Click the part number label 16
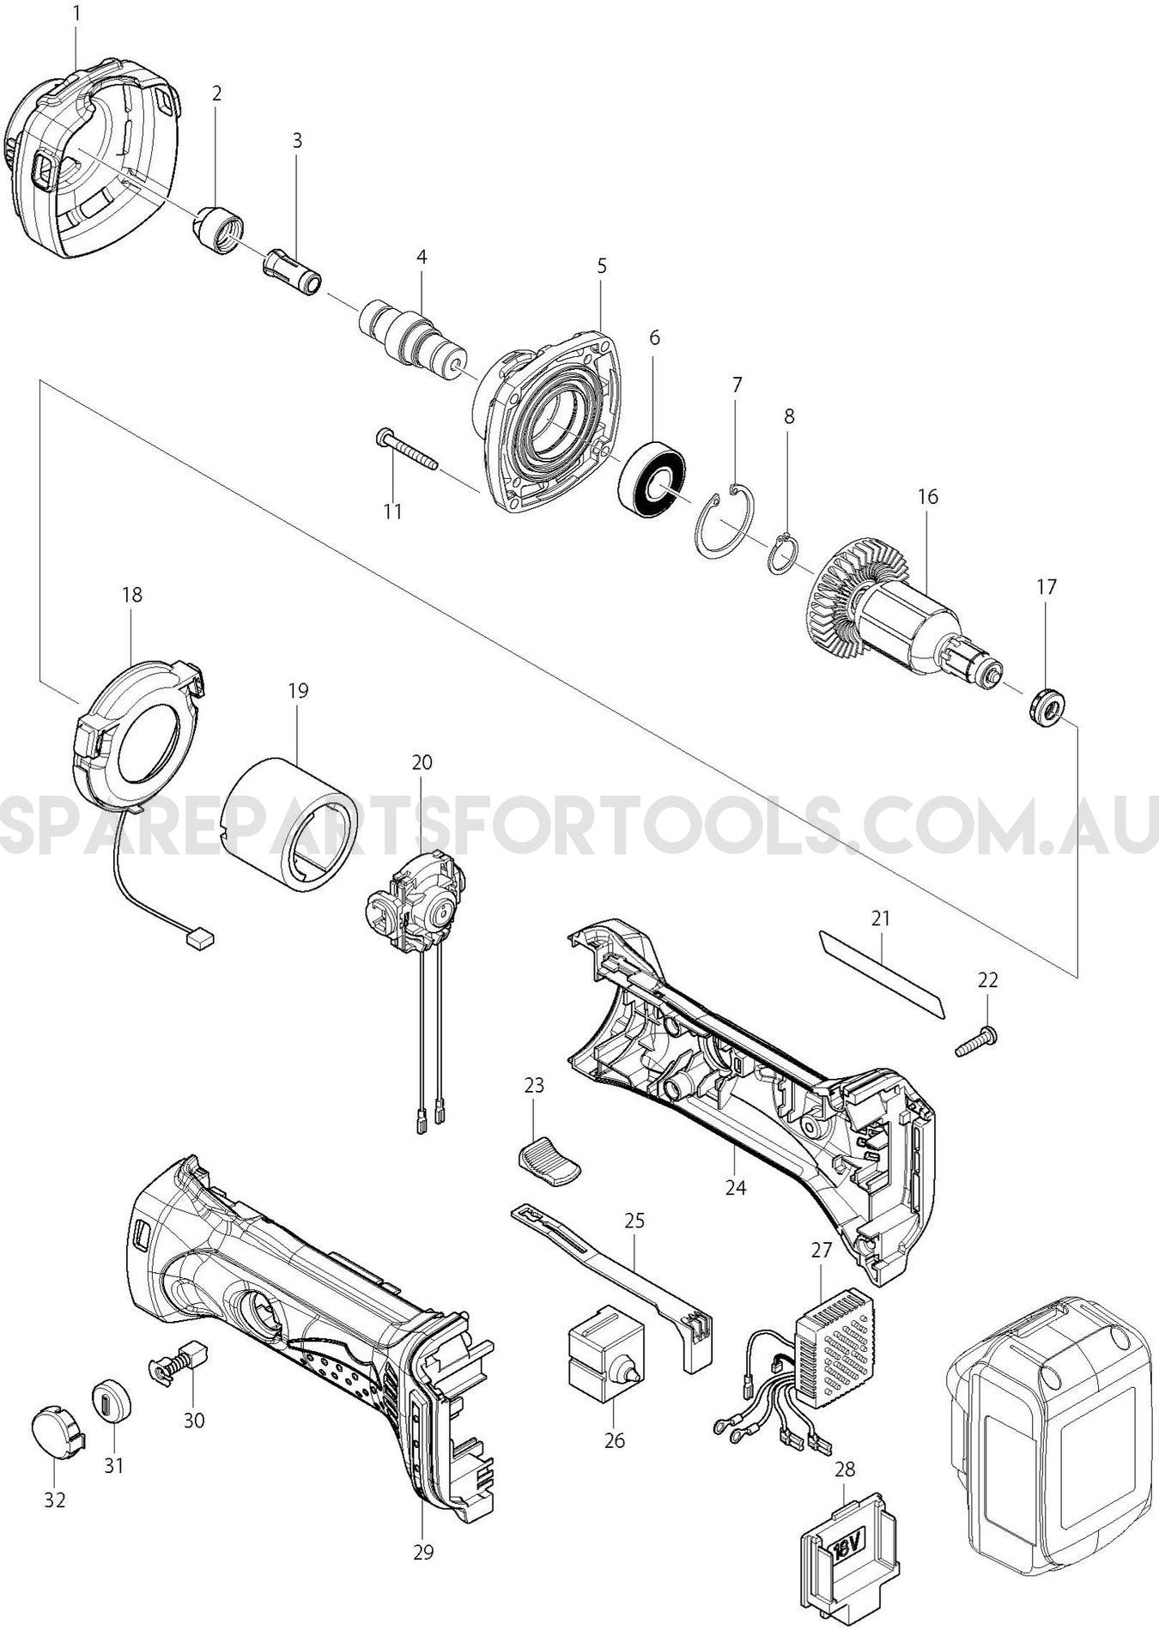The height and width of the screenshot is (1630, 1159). tap(927, 496)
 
